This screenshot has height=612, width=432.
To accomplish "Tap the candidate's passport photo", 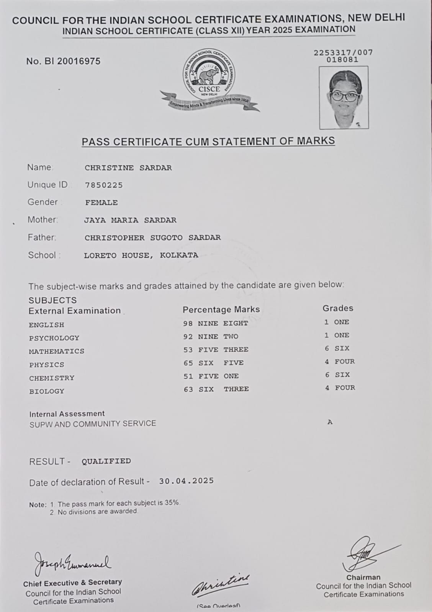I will point(344,98).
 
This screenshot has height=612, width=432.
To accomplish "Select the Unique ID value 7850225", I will point(104,185).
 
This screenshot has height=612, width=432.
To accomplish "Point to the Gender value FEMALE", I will point(101,203).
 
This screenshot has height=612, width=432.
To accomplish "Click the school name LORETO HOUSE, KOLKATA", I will point(141,255).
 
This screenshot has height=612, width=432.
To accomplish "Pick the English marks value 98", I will point(188,323).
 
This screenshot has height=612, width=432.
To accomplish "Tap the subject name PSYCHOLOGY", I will point(54,338).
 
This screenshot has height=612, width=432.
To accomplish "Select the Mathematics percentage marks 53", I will point(188,350).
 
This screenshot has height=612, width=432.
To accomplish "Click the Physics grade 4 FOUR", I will point(340,361).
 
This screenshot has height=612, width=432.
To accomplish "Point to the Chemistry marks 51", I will point(188,376).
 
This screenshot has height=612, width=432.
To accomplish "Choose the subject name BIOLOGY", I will point(47,391).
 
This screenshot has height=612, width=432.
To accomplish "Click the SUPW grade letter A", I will point(330,422).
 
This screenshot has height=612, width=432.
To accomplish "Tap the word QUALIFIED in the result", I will point(106,461).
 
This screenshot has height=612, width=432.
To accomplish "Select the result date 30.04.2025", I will point(187,481).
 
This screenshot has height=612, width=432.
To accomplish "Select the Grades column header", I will point(337,308).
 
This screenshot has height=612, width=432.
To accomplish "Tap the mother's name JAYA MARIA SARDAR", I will point(130,220).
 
